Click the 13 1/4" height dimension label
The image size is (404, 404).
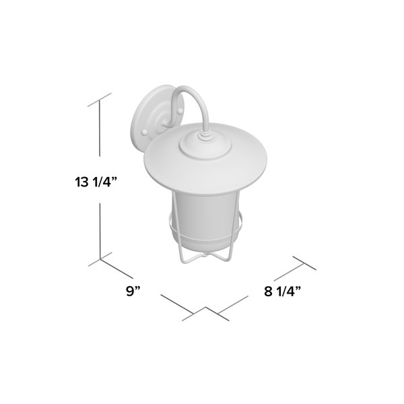click(96, 182)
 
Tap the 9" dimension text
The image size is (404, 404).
click(133, 291)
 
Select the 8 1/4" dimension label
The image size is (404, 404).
click(282, 292)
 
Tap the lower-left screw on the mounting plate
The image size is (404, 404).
click(145, 133)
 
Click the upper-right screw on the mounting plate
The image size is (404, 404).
click(180, 111)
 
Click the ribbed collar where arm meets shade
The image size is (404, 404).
click(205, 135)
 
